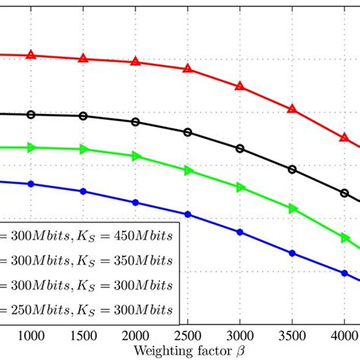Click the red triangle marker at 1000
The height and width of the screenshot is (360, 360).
[31, 55]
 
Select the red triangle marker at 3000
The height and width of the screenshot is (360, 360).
[240, 87]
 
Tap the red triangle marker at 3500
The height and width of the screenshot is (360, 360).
[292, 109]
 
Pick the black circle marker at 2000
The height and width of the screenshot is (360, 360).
[135, 122]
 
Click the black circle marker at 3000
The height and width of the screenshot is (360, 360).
[240, 149]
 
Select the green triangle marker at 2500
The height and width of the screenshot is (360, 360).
[188, 170]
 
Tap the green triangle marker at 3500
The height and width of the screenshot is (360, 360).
[292, 207]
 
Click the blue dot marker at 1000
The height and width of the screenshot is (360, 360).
[31, 184]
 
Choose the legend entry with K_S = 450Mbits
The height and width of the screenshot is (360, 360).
[87, 235]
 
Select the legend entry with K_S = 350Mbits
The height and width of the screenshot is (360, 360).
[87, 261]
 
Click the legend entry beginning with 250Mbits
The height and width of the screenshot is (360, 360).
[87, 310]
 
